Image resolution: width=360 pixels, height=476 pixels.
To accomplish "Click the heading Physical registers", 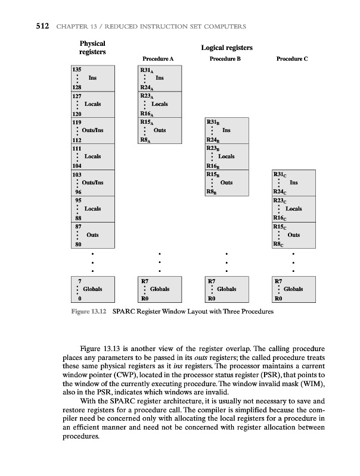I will [92, 48].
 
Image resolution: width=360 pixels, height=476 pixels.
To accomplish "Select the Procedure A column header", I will [158, 59].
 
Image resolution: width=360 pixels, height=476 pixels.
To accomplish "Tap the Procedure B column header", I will [225, 59].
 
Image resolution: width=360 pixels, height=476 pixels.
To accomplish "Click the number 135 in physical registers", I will [76, 70].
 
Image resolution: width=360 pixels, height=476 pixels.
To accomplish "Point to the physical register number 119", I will [76, 121].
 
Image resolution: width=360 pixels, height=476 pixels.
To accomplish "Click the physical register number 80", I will [75, 244].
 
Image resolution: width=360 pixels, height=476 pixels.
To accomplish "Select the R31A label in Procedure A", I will [146, 70].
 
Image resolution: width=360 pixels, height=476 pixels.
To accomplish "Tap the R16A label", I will [146, 112].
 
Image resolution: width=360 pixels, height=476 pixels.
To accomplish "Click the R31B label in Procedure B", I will [213, 121].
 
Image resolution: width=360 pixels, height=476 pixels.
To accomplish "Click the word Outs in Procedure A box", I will [159, 130].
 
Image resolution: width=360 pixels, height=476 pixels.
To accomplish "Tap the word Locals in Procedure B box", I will [226, 156].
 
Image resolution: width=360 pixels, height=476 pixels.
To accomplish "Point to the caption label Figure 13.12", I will [88, 312].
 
